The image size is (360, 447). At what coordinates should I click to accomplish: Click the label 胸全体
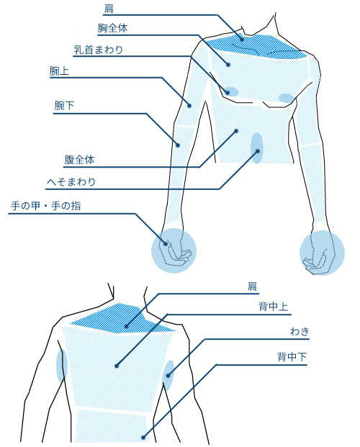(112, 28)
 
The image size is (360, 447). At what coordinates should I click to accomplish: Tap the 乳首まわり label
(99, 50)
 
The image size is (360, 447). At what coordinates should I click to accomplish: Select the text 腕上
(59, 71)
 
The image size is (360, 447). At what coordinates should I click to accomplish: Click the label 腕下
(64, 106)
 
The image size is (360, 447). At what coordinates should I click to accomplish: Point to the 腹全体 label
(79, 160)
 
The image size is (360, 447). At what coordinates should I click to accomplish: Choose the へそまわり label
(71, 181)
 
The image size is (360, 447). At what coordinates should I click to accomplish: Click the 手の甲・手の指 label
(45, 206)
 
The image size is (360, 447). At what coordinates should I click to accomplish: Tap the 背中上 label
(273, 307)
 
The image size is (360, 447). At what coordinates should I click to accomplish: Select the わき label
(300, 332)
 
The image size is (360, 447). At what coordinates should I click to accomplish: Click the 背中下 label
(292, 356)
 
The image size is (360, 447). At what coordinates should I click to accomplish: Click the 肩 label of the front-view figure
(109, 8)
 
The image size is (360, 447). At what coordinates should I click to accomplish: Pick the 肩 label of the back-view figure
(252, 286)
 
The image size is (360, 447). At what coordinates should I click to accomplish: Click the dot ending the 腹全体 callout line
(236, 131)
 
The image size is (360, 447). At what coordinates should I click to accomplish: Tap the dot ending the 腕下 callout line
(178, 145)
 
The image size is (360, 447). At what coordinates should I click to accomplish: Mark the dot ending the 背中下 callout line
(143, 438)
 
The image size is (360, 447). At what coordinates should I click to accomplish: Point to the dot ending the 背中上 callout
(117, 366)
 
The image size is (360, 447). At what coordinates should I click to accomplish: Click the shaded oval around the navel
(256, 148)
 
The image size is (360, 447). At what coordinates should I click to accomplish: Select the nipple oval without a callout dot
(286, 98)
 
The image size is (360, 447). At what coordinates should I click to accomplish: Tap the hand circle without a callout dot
(322, 253)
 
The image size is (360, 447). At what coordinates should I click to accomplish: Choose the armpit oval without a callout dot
(62, 366)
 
